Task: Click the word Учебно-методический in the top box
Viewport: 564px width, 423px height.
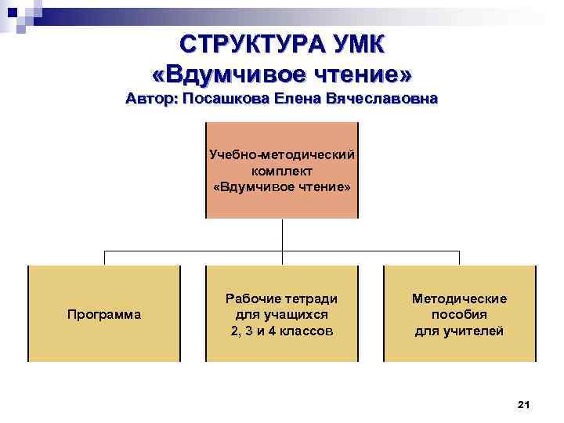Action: [282, 154]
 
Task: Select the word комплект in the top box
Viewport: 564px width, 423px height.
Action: [282, 171]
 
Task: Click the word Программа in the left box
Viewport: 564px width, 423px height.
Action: [104, 315]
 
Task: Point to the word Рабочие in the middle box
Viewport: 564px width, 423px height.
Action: [252, 298]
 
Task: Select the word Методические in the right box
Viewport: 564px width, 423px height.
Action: [459, 298]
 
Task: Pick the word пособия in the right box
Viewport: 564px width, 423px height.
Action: [459, 315]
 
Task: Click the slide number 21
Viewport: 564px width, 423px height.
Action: [524, 404]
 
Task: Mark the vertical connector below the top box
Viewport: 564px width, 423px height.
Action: [282, 235]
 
